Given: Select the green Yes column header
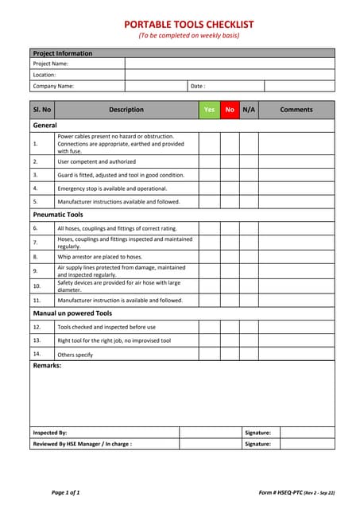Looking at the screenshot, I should (x=209, y=110).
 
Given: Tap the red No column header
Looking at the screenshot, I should (x=230, y=110).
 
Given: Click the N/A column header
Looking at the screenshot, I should (x=249, y=110).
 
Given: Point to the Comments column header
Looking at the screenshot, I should (x=296, y=110).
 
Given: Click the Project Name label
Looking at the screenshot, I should (x=50, y=64).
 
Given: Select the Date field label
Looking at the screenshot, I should (x=198, y=86).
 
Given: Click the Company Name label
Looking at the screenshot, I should (x=53, y=86).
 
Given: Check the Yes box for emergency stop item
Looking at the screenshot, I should (x=209, y=188).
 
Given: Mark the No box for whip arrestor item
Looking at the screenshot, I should (x=230, y=257).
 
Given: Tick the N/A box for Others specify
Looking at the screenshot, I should (x=249, y=354).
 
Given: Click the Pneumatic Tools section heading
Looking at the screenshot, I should (x=57, y=215).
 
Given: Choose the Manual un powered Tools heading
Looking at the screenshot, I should (x=72, y=313).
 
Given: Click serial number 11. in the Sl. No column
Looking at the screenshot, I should (x=37, y=301).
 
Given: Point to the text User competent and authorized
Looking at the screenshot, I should (x=96, y=161).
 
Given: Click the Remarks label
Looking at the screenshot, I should (x=47, y=366).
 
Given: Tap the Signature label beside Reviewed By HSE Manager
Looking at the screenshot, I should (x=257, y=445).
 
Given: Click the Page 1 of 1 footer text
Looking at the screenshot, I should (x=65, y=493).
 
